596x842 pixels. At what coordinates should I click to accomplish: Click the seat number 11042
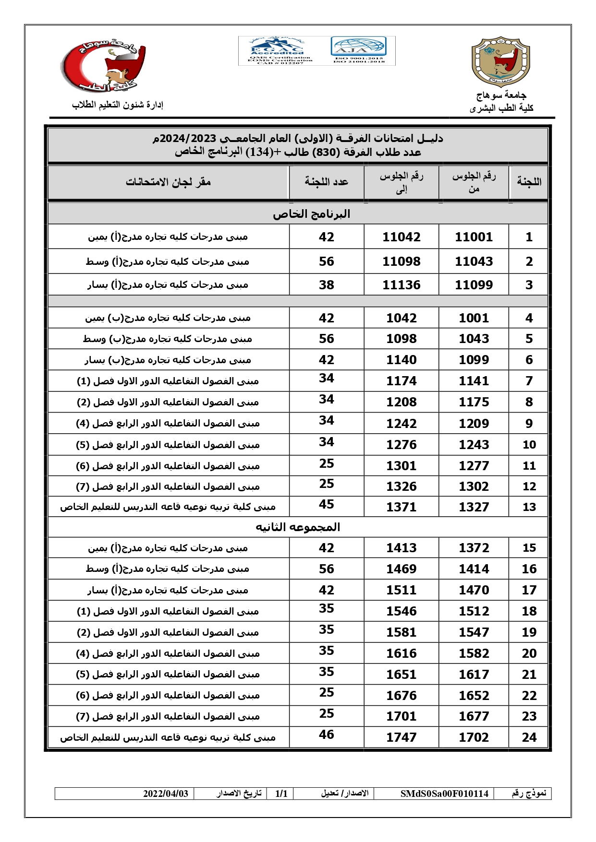click(401, 237)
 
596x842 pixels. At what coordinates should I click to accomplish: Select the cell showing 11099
click(474, 285)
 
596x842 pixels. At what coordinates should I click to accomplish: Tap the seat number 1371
click(401, 507)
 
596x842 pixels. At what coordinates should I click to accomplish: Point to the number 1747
click(401, 737)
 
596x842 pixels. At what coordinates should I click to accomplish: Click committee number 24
click(529, 737)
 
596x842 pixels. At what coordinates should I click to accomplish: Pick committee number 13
click(529, 507)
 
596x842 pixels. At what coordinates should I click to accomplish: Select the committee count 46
click(326, 735)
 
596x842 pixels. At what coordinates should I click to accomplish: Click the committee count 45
click(326, 504)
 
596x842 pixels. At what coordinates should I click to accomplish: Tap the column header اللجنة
click(529, 182)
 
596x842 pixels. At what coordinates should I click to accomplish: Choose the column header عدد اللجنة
click(326, 182)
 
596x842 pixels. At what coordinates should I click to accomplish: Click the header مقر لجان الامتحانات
click(168, 182)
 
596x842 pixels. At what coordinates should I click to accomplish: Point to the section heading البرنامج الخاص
click(311, 214)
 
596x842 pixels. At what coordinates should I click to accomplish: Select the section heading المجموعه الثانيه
click(298, 527)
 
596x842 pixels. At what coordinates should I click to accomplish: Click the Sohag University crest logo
click(500, 61)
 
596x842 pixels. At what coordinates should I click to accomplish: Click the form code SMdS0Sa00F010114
click(444, 794)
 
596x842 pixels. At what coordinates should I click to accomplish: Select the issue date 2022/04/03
click(166, 794)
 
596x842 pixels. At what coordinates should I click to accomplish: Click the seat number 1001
click(474, 318)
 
